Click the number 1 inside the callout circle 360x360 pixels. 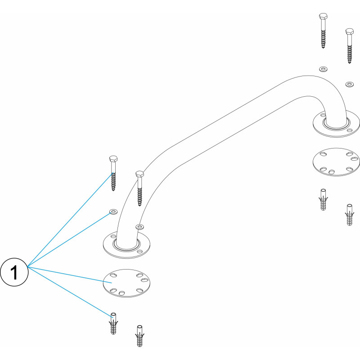point(14,272)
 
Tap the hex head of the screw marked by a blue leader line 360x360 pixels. point(113,158)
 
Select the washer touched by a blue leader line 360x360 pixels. point(113,211)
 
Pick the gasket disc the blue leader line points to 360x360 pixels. point(127,283)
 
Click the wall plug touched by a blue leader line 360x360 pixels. point(113,323)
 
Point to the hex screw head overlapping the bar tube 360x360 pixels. point(140,174)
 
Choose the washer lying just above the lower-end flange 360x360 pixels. point(139,227)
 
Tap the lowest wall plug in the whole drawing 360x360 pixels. point(139,336)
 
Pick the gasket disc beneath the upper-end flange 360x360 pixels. point(336,162)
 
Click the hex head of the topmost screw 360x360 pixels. point(323,16)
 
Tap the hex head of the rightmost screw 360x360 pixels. point(350,31)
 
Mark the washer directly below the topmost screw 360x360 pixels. point(323,69)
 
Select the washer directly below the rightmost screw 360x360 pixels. point(350,84)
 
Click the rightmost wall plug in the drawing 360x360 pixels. point(350,215)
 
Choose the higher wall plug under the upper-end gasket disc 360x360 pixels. point(323,199)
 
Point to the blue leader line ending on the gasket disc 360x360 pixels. point(70,274)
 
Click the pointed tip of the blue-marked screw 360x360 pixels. point(113,190)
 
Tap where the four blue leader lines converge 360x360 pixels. point(27,266)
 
